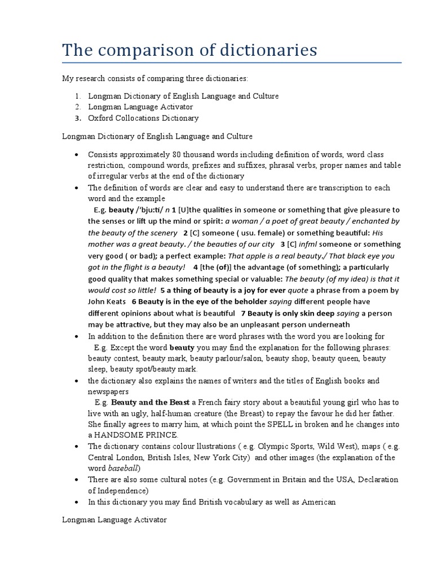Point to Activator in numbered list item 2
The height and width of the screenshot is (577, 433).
click(x=172, y=107)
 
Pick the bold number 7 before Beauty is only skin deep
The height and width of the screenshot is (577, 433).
click(x=242, y=313)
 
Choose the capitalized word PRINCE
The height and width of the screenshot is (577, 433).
click(x=160, y=435)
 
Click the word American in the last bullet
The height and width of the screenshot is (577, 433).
click(x=316, y=501)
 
